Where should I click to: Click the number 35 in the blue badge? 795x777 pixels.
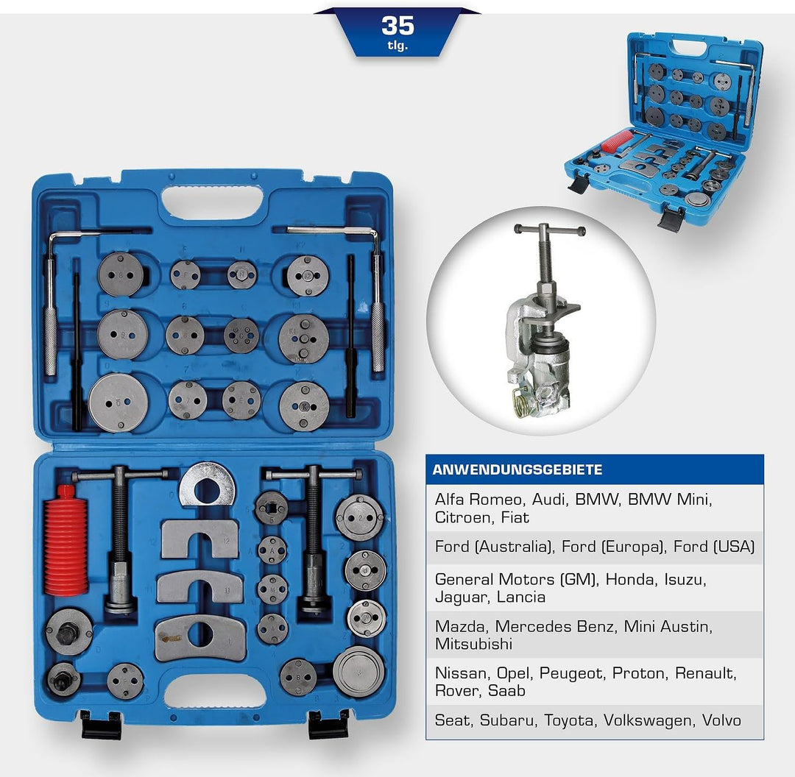397,26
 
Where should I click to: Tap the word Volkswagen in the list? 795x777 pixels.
648,720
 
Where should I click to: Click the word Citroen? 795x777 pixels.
462,517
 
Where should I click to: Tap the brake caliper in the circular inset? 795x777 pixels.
541,353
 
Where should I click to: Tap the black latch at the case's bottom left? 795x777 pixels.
101,724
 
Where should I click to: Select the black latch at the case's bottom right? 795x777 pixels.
328,724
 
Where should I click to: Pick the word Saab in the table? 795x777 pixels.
508,691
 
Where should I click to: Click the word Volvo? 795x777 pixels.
721,720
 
